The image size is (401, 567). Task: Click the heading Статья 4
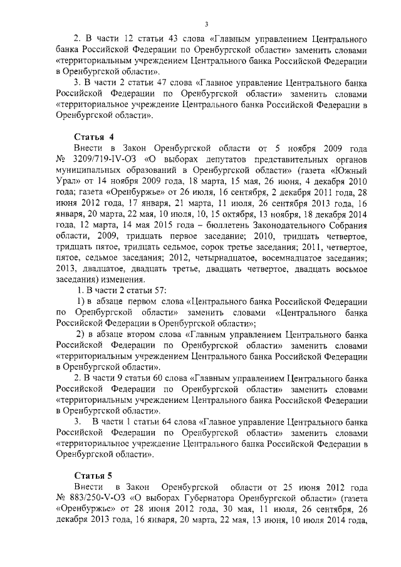pyautogui.click(x=93, y=136)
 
